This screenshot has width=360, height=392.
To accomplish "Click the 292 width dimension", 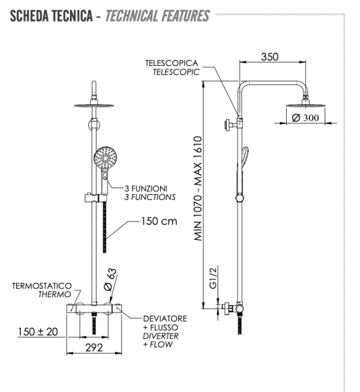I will pyautogui.click(x=95, y=347).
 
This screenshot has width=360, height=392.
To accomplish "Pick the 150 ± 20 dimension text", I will pyautogui.click(x=37, y=332).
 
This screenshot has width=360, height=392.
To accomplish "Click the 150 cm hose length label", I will pyautogui.click(x=159, y=221).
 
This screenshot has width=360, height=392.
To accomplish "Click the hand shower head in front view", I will pyautogui.click(x=105, y=158).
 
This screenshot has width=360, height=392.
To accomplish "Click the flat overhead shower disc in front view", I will pyautogui.click(x=95, y=107).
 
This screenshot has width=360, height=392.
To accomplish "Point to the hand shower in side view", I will pyautogui.click(x=242, y=160).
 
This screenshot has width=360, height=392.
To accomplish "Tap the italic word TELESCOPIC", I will pyautogui.click(x=175, y=72).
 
